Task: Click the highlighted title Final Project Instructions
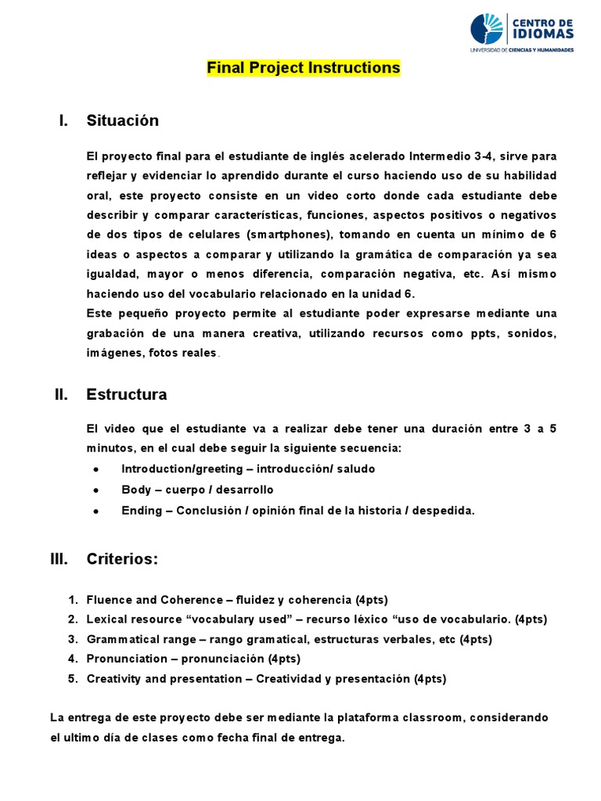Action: [x=303, y=68]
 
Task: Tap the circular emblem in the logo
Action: [x=488, y=29]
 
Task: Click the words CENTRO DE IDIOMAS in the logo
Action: [x=542, y=29]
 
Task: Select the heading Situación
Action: [x=122, y=120]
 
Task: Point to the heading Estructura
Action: [x=126, y=394]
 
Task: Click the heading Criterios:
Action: [x=122, y=559]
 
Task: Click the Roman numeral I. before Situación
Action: [x=63, y=120]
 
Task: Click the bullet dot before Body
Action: [x=95, y=490]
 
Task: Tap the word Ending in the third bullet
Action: [x=142, y=511]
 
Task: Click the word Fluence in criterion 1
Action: [x=110, y=600]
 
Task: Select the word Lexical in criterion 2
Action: [x=107, y=620]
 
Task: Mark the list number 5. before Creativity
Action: [x=73, y=678]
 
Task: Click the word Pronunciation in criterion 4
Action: [x=127, y=659]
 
